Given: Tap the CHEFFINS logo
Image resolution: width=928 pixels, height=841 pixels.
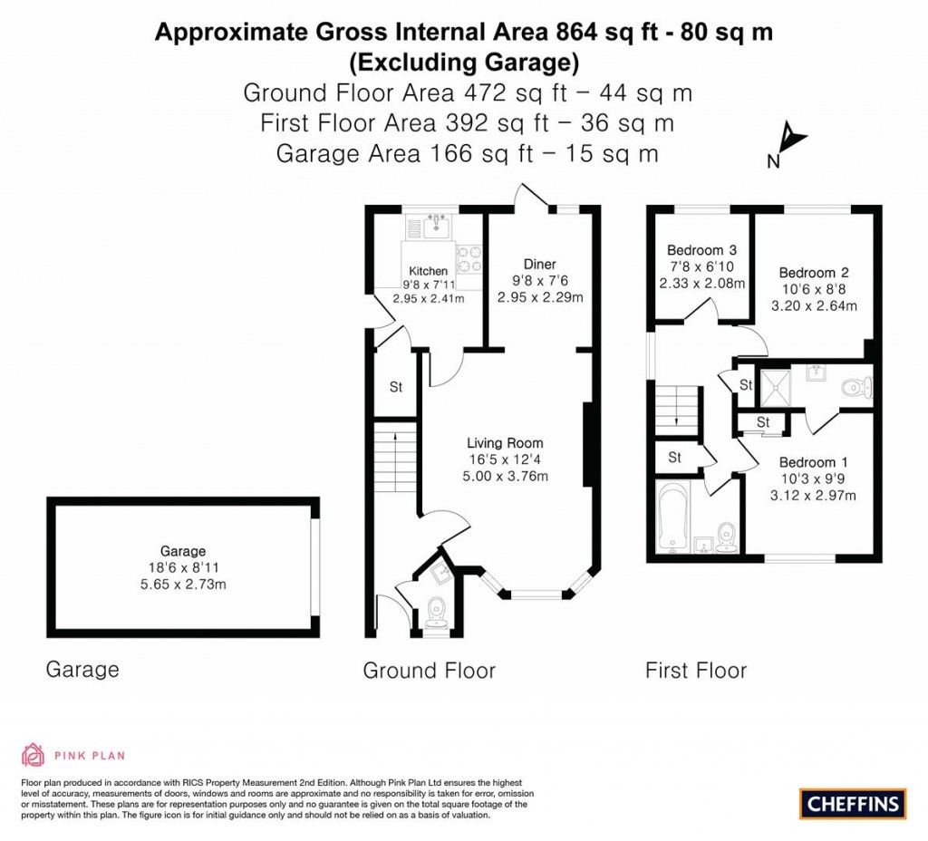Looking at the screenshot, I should point(852,803).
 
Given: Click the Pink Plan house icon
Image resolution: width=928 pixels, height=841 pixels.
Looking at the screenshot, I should point(33,754).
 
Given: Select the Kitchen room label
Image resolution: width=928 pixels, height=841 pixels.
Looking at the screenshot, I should point(428,271).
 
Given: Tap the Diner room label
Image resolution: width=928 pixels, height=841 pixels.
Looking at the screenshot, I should point(539,265).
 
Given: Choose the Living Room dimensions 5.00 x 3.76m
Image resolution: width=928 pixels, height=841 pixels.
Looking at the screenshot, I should point(505,476).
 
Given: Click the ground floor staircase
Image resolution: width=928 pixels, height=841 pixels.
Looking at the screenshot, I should point(395,457).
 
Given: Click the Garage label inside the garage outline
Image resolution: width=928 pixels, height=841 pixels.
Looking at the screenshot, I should point(183,551).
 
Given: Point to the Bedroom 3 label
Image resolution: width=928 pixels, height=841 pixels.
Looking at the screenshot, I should point(701,250).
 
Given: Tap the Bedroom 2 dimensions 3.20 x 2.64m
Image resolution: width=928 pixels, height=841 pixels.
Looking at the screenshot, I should point(813,305).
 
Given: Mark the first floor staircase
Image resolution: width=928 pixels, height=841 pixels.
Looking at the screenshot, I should point(678,413).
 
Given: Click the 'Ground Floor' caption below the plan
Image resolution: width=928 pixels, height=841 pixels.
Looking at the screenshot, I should point(429,671).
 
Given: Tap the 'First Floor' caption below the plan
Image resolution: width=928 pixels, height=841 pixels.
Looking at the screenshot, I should point(695,671).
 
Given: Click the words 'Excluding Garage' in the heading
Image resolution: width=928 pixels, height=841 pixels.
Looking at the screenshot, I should point(463,63).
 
